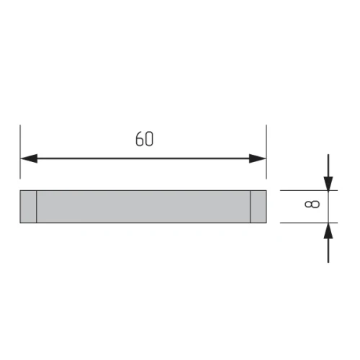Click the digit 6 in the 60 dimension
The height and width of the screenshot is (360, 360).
(x=139, y=139)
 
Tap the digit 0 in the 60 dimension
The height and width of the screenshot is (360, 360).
(x=148, y=139)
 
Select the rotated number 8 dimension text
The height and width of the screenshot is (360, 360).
(x=310, y=206)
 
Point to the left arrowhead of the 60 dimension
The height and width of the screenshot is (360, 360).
(x=27, y=159)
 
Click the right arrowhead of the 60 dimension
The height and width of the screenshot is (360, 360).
(x=259, y=159)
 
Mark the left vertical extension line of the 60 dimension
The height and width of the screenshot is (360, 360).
(x=20, y=151)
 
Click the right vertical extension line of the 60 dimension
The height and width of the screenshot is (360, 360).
(x=266, y=151)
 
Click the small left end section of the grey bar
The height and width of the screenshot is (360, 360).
(x=28, y=206)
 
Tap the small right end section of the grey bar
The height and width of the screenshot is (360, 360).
(x=258, y=206)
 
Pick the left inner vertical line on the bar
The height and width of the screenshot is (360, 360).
(x=36, y=206)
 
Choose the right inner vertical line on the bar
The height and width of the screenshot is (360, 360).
(x=251, y=206)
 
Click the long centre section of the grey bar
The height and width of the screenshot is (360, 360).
(x=143, y=206)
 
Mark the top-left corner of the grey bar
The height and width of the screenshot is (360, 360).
(x=20, y=191)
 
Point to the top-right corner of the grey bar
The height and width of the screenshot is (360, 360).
(x=266, y=191)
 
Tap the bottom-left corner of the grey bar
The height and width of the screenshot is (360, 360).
(x=20, y=222)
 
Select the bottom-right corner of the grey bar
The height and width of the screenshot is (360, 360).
(x=266, y=222)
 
